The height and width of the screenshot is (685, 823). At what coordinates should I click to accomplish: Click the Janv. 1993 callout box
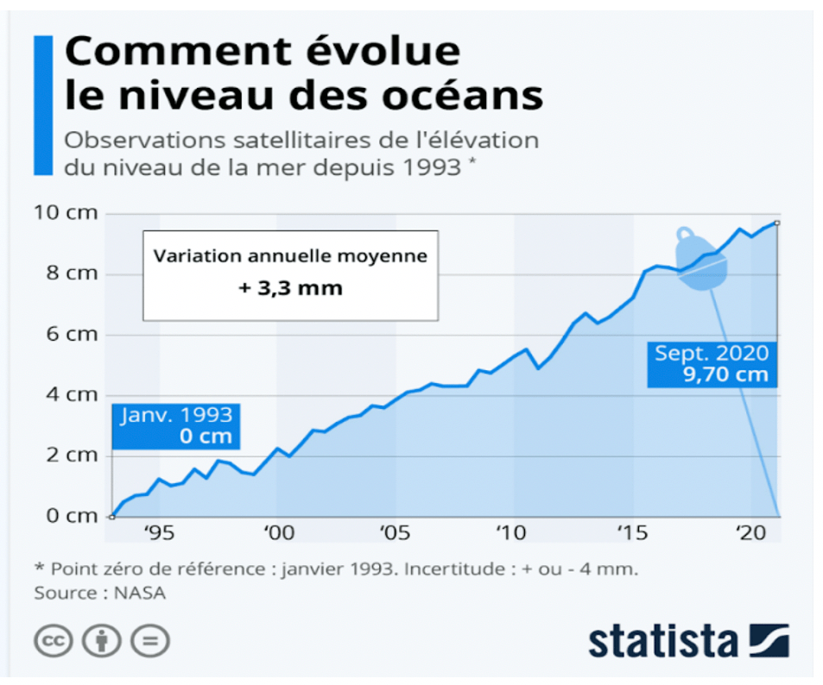pos(176,424)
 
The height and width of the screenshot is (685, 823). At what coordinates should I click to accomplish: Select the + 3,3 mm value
pos(290,288)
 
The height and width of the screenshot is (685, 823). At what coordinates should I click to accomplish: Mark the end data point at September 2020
pos(777,223)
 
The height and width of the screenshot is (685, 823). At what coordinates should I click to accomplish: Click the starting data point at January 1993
pos(111,516)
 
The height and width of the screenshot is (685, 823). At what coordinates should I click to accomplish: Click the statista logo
pos(688,642)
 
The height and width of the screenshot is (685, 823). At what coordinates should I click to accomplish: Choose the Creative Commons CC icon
pos(54,641)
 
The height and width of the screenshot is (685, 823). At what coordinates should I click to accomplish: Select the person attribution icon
pos(102,641)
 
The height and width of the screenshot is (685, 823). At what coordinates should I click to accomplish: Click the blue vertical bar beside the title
pos(42,105)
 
